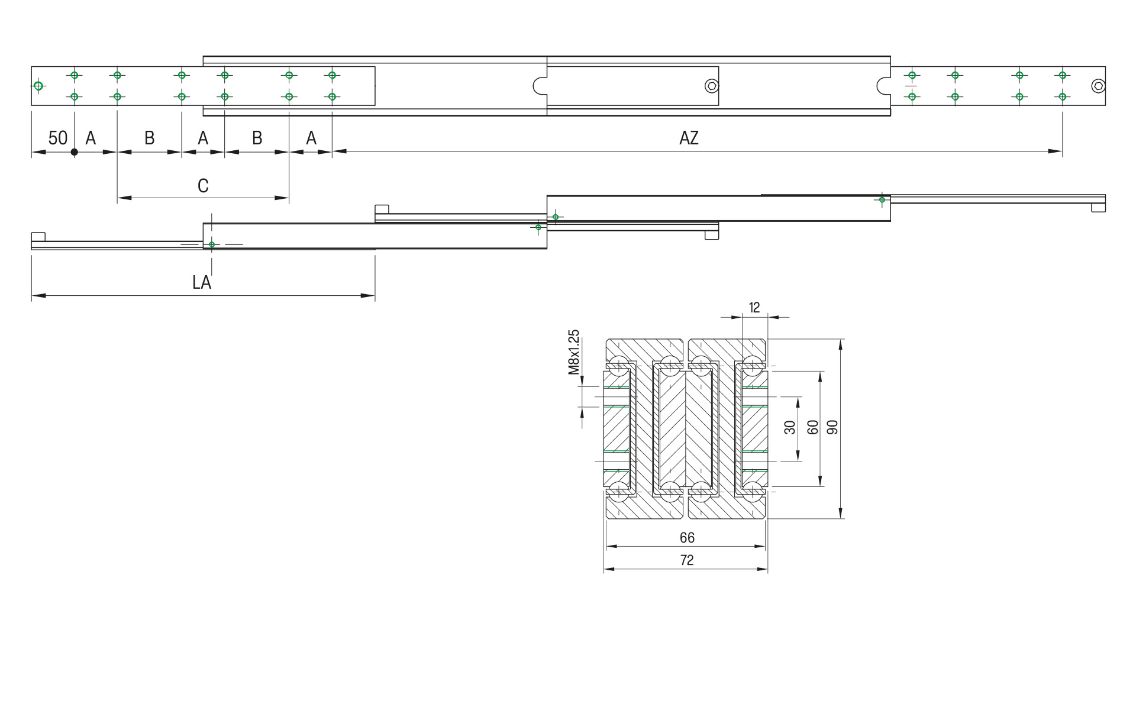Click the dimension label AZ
coord(689,138)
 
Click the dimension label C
coord(203,186)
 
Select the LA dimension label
coord(202,283)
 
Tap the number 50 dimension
coord(57,138)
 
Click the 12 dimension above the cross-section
coord(754,308)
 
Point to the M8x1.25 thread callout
coord(573,352)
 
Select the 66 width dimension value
coord(686,538)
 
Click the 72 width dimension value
coord(686,560)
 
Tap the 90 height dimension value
coord(832,428)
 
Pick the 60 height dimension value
coord(813,428)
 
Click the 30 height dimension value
coord(790,428)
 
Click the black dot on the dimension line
coord(75,152)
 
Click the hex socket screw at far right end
coord(1098,86)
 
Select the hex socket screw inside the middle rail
coord(712,86)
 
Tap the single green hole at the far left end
coord(38,86)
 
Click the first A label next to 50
coord(91,138)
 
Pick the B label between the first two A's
coord(150,138)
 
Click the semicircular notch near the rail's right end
coord(882,86)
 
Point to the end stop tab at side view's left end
coord(38,237)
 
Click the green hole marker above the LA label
coord(212,244)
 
